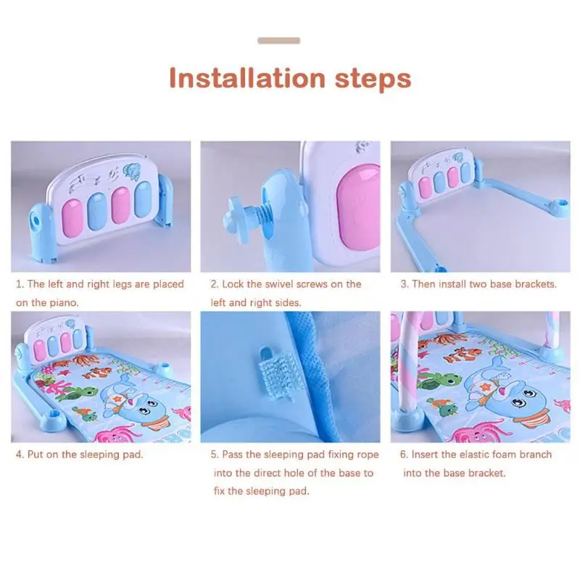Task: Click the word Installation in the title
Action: click(x=247, y=78)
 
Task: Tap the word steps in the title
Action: click(x=373, y=79)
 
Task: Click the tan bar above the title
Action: click(x=279, y=41)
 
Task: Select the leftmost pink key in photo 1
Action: click(x=72, y=218)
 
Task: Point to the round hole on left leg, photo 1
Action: click(x=36, y=220)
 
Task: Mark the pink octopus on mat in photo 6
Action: click(x=477, y=431)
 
